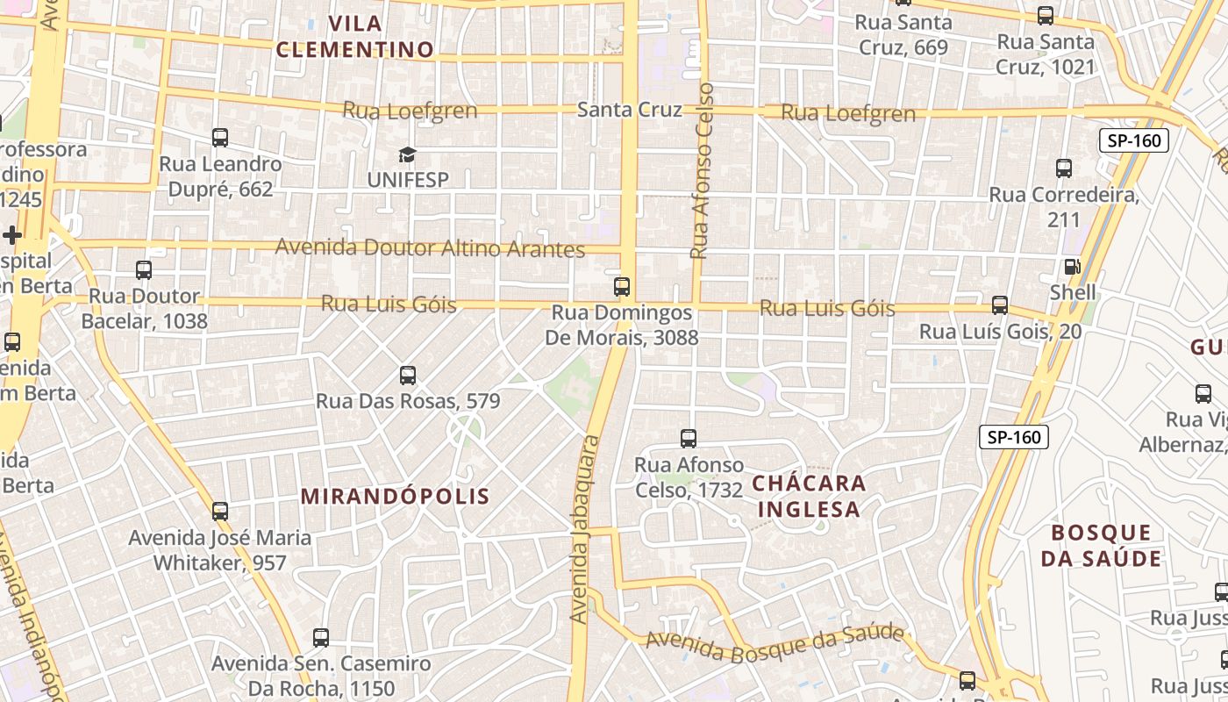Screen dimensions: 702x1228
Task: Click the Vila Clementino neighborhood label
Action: [355, 36]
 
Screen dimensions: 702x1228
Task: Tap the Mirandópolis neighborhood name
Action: [395, 496]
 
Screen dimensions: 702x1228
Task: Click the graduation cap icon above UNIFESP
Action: [407, 155]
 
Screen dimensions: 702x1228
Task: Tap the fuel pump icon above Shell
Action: [1071, 267]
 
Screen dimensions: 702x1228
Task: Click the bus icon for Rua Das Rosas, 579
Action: [407, 376]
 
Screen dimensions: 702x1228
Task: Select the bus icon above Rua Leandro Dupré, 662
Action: [220, 138]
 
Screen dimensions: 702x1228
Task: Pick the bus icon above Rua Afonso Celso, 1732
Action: [689, 438]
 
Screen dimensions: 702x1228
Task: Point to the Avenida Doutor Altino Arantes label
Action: [430, 247]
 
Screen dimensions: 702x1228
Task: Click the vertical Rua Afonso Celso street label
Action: [702, 171]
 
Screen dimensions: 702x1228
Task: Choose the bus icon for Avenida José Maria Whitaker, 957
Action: [220, 511]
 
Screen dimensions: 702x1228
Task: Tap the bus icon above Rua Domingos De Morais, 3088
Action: [622, 286]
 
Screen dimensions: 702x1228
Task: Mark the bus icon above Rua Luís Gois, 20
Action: [999, 305]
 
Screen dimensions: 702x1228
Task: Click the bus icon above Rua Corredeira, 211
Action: [1064, 168]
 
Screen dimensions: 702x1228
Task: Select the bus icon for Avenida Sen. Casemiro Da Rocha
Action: [321, 638]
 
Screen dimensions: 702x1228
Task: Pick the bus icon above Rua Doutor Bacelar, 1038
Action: [144, 270]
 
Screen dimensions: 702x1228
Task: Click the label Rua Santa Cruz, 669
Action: [903, 34]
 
